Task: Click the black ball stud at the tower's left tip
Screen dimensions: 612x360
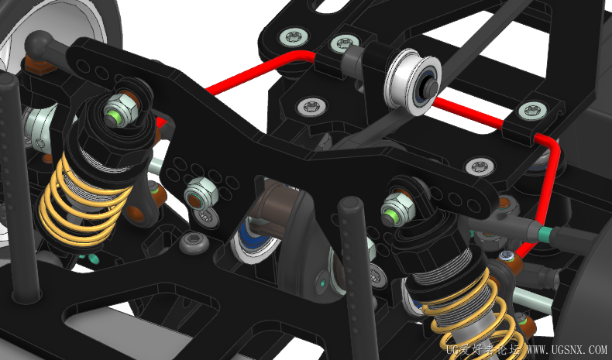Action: (38, 43)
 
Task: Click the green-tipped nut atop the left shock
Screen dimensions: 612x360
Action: (120, 111)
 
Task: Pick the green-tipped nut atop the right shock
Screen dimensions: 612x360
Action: (398, 210)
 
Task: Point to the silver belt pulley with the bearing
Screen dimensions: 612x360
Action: (413, 82)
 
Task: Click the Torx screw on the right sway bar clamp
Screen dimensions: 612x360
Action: (532, 111)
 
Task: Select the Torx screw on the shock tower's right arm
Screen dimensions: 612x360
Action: (480, 166)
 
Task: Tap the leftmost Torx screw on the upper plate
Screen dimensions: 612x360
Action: (294, 37)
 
